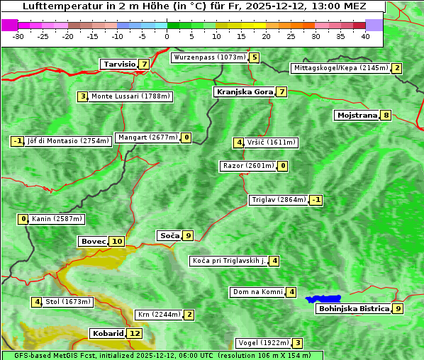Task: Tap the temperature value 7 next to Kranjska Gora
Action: coord(281,91)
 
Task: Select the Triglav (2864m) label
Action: coord(279,200)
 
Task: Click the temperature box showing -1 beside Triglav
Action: coord(316,200)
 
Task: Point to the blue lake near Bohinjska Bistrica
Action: coord(323,299)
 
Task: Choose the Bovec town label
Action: coord(93,241)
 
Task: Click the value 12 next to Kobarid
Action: coord(135,333)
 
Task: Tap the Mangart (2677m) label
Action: coord(147,137)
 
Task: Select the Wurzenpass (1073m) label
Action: coord(209,57)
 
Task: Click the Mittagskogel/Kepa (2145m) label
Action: coord(340,68)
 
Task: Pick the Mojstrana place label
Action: coord(357,115)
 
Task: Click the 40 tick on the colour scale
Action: coord(365,35)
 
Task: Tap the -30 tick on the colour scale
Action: coord(18,35)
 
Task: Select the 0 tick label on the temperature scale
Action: coord(167,35)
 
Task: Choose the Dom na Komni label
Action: coord(258,292)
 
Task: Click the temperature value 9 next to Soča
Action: coord(188,235)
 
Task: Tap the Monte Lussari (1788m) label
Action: coord(130,96)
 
